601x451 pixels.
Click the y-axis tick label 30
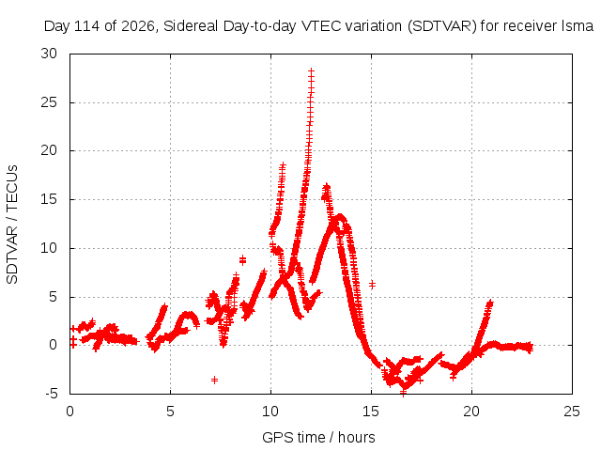coord(49,54)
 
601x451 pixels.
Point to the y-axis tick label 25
coord(49,102)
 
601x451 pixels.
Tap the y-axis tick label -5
coord(51,394)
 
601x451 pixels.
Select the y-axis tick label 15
coord(49,199)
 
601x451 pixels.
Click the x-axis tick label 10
coord(270,412)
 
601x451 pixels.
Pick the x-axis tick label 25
coord(572,412)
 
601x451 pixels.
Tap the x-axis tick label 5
coord(170,412)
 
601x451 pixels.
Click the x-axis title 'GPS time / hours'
coord(318,437)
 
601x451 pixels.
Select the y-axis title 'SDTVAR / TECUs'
coord(12,225)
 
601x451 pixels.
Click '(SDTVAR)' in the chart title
coord(441,26)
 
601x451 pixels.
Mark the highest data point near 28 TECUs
coord(311,71)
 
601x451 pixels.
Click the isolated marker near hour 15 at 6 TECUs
coord(372,285)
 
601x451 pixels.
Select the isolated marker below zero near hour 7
coord(215,380)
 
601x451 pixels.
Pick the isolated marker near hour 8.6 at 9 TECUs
coord(242,260)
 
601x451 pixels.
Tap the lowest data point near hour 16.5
coord(403,393)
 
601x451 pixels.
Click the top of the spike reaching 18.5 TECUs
coord(283,165)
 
